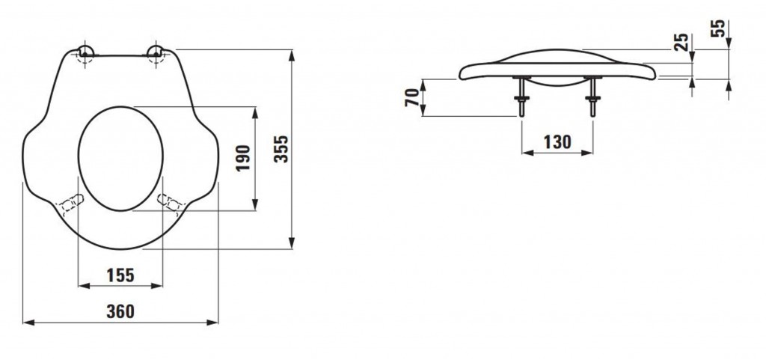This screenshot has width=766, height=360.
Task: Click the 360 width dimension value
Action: pyautogui.click(x=120, y=311)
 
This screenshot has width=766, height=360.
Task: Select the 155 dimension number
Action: pyautogui.click(x=120, y=275)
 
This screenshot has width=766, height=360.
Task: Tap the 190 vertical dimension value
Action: pyautogui.click(x=243, y=158)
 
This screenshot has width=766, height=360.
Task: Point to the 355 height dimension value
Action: pyautogui.click(x=281, y=149)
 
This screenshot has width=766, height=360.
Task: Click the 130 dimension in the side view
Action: pyautogui.click(x=557, y=142)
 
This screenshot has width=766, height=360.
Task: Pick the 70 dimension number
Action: pyautogui.click(x=413, y=97)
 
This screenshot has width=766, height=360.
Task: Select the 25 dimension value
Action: pyautogui.click(x=681, y=42)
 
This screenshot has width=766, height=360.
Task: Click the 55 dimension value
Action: pyautogui.click(x=717, y=28)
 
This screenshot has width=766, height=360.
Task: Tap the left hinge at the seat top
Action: pyautogui.click(x=85, y=54)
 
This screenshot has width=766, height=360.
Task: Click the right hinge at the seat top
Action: pyautogui.click(x=156, y=53)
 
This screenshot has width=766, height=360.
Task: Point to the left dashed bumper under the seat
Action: pyautogui.click(x=72, y=203)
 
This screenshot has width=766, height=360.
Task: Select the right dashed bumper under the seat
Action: pyautogui.click(x=169, y=203)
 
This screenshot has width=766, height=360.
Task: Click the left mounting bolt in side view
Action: pyautogui.click(x=521, y=97)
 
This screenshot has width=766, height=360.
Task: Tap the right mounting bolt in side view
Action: pyautogui.click(x=592, y=97)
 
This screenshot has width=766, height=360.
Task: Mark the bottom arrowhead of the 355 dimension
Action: pyautogui.click(x=292, y=242)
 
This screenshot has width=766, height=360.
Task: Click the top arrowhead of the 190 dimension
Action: pyautogui.click(x=254, y=113)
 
